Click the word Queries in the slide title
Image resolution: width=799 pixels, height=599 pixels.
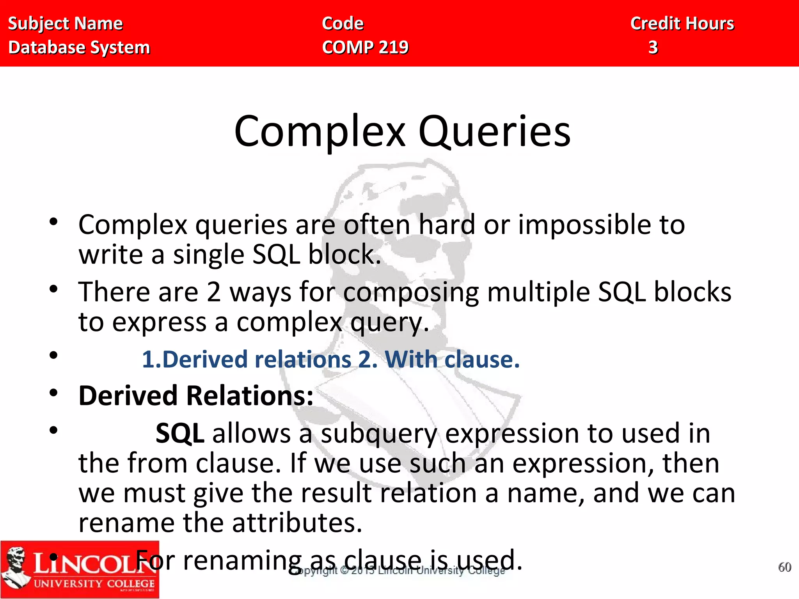[x=494, y=132]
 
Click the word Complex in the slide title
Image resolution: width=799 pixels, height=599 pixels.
[x=320, y=132]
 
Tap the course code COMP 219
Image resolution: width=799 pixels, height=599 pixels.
[x=365, y=47]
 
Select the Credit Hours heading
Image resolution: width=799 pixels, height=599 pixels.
[x=682, y=23]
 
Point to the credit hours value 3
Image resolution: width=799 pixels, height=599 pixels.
[x=653, y=47]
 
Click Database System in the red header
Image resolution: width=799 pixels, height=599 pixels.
[x=79, y=47]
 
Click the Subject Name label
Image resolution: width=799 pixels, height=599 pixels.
[x=65, y=23]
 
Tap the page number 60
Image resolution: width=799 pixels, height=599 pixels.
[x=785, y=567]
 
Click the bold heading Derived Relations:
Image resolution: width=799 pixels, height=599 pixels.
[x=196, y=396]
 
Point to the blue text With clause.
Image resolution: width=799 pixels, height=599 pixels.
[x=452, y=359]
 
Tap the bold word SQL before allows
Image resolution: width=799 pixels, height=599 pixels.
[x=180, y=433]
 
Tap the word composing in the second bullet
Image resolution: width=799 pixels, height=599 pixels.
[x=411, y=292]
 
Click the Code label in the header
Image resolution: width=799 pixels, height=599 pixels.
[x=343, y=23]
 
